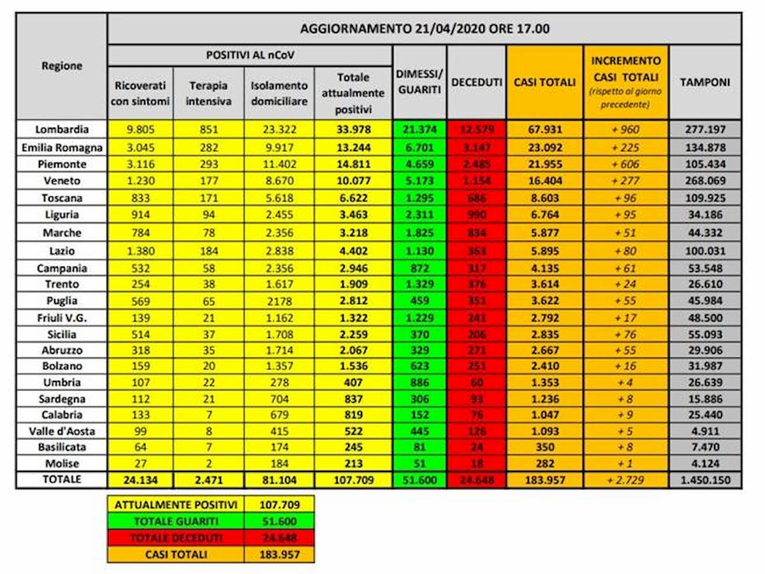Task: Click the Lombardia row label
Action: [62, 129]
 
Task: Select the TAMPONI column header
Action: [705, 82]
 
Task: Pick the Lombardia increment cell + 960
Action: [625, 129]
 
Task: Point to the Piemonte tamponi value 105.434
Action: [705, 163]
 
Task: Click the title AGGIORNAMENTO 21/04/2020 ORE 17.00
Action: [425, 29]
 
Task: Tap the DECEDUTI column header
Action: [477, 82]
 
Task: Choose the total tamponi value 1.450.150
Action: [705, 480]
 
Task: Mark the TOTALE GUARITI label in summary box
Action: [175, 520]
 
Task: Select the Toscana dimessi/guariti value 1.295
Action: [419, 197]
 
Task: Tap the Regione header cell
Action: [62, 66]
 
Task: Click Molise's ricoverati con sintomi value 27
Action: [140, 463]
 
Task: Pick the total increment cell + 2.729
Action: [625, 480]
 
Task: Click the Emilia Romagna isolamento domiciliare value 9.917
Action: [279, 147]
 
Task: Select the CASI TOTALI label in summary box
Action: [175, 554]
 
